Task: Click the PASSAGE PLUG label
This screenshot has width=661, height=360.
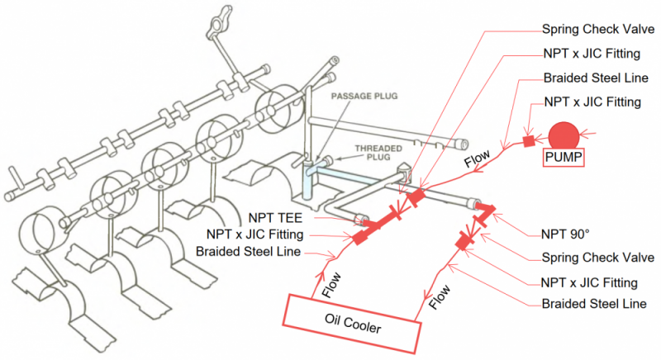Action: [x=364, y=97]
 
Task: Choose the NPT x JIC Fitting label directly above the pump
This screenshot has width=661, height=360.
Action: [x=592, y=102]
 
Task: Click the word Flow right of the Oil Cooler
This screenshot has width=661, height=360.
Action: [x=443, y=294]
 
